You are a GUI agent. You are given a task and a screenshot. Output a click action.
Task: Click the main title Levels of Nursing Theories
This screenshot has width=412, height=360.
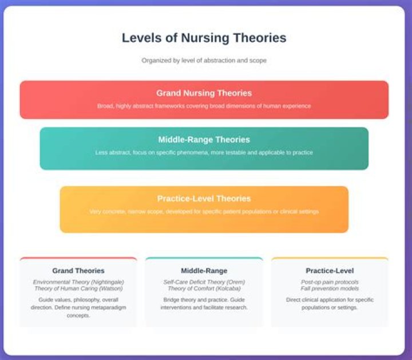point(204,38)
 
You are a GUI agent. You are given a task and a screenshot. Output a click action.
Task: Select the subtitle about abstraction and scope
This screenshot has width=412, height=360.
point(204,60)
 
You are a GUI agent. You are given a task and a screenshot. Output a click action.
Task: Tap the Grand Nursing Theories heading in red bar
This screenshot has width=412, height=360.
point(204,93)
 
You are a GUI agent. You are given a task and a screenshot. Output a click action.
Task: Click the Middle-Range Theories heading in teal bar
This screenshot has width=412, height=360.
point(204,140)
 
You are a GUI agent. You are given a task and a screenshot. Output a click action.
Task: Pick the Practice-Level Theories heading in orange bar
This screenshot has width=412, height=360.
point(204,199)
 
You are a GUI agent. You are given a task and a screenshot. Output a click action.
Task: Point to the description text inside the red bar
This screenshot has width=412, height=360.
point(204,106)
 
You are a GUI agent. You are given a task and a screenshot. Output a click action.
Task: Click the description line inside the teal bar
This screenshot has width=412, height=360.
point(204,152)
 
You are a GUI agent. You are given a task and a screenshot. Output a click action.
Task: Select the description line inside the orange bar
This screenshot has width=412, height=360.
point(204,211)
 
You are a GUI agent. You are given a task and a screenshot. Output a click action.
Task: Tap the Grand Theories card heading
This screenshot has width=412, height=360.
point(78,271)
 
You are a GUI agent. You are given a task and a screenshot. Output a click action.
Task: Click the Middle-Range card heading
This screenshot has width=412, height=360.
point(204,271)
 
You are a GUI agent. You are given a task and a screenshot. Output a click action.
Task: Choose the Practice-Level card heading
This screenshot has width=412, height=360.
point(330,271)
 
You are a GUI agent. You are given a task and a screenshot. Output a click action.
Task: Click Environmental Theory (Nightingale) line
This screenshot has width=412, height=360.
point(78,282)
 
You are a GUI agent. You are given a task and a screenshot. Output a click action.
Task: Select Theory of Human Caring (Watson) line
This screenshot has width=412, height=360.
point(78,288)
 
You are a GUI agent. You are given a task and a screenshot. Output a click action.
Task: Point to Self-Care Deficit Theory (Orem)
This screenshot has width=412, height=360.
point(204,282)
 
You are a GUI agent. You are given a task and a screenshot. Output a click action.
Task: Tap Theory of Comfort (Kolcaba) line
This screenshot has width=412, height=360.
point(204,288)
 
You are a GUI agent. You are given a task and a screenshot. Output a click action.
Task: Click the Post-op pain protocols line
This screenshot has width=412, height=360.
point(330,282)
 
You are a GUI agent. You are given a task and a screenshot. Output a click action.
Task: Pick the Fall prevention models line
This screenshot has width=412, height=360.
point(330,288)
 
